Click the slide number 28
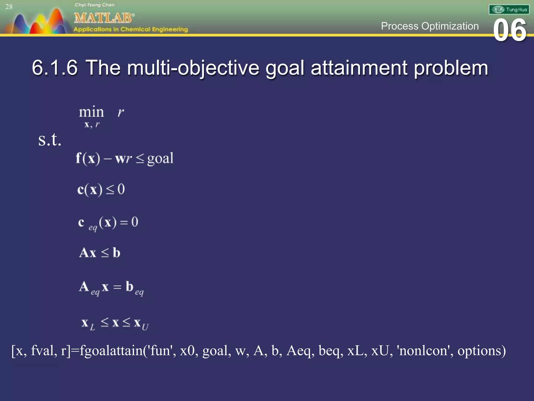point(9,7)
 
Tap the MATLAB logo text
point(104,18)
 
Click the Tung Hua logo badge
point(509,10)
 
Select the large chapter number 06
point(510,31)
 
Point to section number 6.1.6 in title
point(55,68)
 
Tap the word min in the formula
point(91,112)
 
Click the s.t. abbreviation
point(50,139)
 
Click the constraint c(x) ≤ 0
point(101,190)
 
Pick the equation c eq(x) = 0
point(108,223)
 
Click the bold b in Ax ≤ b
point(116,253)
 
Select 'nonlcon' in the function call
point(425,351)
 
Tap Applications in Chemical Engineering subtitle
point(130,29)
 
